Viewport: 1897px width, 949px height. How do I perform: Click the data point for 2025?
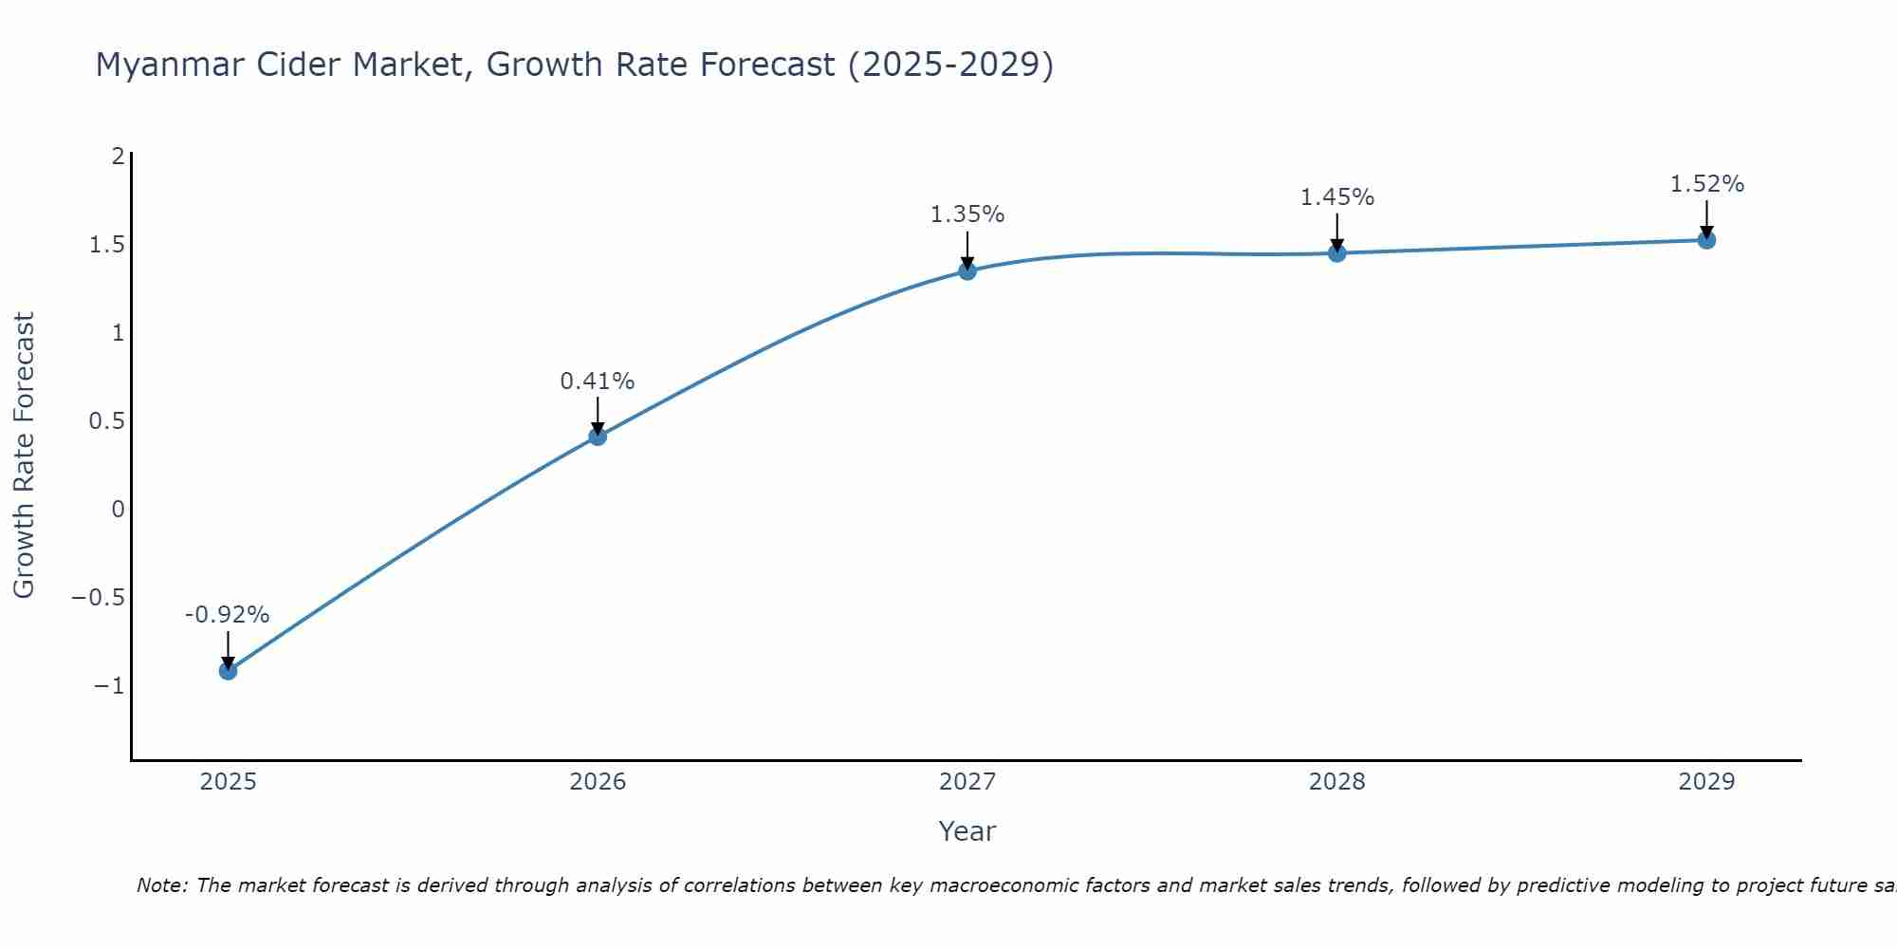(228, 671)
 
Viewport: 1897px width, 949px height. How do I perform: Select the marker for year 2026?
(598, 437)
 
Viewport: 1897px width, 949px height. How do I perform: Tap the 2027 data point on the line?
(967, 271)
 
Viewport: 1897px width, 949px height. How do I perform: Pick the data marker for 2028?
(1337, 253)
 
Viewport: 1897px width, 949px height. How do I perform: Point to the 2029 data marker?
(1706, 240)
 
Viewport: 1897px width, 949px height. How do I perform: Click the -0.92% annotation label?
(227, 615)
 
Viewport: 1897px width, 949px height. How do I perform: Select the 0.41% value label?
(597, 381)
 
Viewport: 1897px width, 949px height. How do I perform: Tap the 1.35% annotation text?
(967, 214)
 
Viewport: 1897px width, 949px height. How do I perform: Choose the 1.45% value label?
(1336, 197)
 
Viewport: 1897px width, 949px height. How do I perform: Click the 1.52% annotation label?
(1706, 184)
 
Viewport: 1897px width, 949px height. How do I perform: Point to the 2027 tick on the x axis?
(967, 782)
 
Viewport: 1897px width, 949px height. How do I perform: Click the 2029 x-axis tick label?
(1706, 782)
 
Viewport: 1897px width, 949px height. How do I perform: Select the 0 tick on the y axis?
(118, 510)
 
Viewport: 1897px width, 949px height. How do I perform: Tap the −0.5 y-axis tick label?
(98, 598)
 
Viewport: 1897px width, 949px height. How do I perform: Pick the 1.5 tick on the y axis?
(106, 245)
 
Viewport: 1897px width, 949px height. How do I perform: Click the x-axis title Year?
(967, 831)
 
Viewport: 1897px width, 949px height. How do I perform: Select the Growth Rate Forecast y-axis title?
(24, 456)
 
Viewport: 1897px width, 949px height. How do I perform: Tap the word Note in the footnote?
(161, 885)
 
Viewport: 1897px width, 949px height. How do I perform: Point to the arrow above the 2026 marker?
(598, 415)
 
